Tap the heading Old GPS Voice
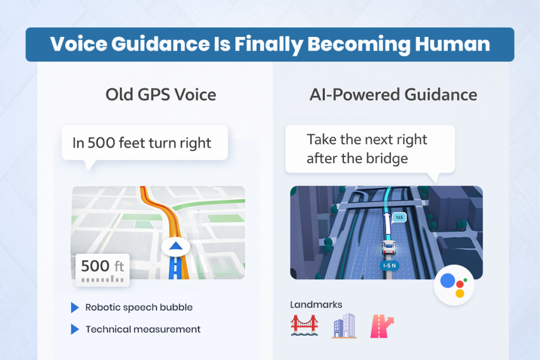coord(160,95)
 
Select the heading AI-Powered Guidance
coord(393,95)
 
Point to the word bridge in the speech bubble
coord(385,158)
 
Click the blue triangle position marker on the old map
coord(176,246)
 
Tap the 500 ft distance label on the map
coord(102,266)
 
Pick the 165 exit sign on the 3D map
coord(399,217)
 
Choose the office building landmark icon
coord(344,325)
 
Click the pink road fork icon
coord(383,325)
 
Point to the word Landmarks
coord(316,305)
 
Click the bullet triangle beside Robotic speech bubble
coord(75,307)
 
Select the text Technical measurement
coord(143,329)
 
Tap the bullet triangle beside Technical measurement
coord(75,329)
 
